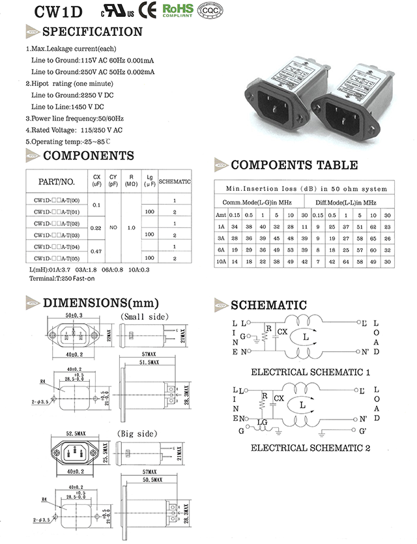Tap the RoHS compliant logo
177,10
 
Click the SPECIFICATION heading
92,31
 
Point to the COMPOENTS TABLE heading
294,164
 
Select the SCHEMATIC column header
175,181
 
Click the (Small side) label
136,316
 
